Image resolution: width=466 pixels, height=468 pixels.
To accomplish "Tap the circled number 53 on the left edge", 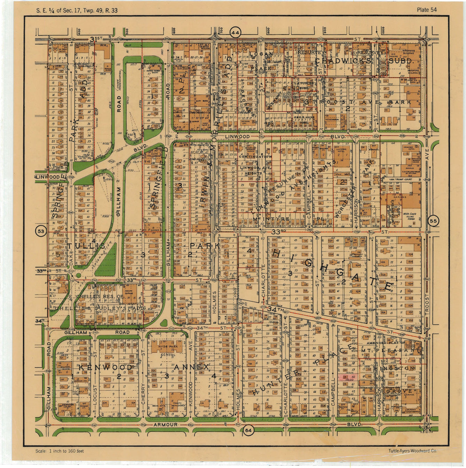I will coord(41,231).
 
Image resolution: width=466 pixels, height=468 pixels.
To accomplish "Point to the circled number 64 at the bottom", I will coord(248,431).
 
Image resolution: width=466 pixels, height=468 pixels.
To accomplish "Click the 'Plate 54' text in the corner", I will coord(426,10).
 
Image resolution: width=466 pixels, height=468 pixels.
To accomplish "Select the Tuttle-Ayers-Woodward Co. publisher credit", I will coord(412,451).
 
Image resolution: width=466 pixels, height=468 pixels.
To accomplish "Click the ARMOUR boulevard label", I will coord(165,424).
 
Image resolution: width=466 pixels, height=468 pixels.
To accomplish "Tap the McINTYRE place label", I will coord(272,220).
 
